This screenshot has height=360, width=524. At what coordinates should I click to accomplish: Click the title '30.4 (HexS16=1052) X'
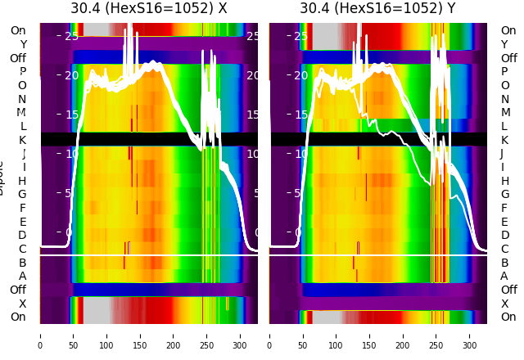148,8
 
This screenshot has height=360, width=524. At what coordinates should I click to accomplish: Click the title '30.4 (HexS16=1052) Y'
377,8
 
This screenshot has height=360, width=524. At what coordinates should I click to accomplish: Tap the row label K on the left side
22,140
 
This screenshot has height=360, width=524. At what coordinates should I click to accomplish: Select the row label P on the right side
504,72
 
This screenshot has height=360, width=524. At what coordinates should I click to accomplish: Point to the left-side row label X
22,304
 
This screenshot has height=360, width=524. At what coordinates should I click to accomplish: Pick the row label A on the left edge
22,277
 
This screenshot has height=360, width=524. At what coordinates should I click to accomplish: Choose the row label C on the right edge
504,249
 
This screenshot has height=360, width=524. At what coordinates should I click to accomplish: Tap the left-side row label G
22,195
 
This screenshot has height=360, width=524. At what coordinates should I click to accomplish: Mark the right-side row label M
504,113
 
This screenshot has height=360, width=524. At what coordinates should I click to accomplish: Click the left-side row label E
22,222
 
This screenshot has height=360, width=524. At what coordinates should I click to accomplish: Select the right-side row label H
504,181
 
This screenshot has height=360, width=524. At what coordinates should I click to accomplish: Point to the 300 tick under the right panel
470,335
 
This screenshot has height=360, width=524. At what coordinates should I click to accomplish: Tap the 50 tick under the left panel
73,335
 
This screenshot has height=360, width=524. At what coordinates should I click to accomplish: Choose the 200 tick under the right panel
403,335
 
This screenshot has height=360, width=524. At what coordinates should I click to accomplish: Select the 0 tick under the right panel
269,335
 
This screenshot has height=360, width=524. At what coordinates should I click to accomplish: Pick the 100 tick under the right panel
337,335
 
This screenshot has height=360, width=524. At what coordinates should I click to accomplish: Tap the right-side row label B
504,263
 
